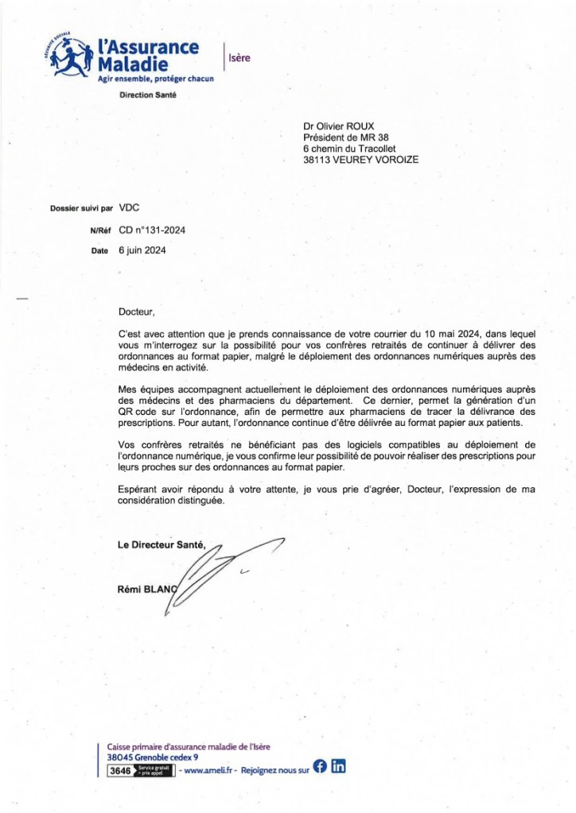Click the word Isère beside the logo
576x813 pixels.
coord(239,57)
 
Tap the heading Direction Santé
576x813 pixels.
coord(148,95)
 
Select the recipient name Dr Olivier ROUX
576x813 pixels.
coord(344,126)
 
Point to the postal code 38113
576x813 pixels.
coord(318,159)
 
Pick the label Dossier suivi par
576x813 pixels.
coord(81,209)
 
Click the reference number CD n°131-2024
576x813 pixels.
coord(152,230)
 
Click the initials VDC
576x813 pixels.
coord(130,208)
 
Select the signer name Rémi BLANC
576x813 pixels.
coord(146,589)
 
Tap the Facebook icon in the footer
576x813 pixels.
coord(320,766)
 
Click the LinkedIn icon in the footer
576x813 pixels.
coord(339,766)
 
